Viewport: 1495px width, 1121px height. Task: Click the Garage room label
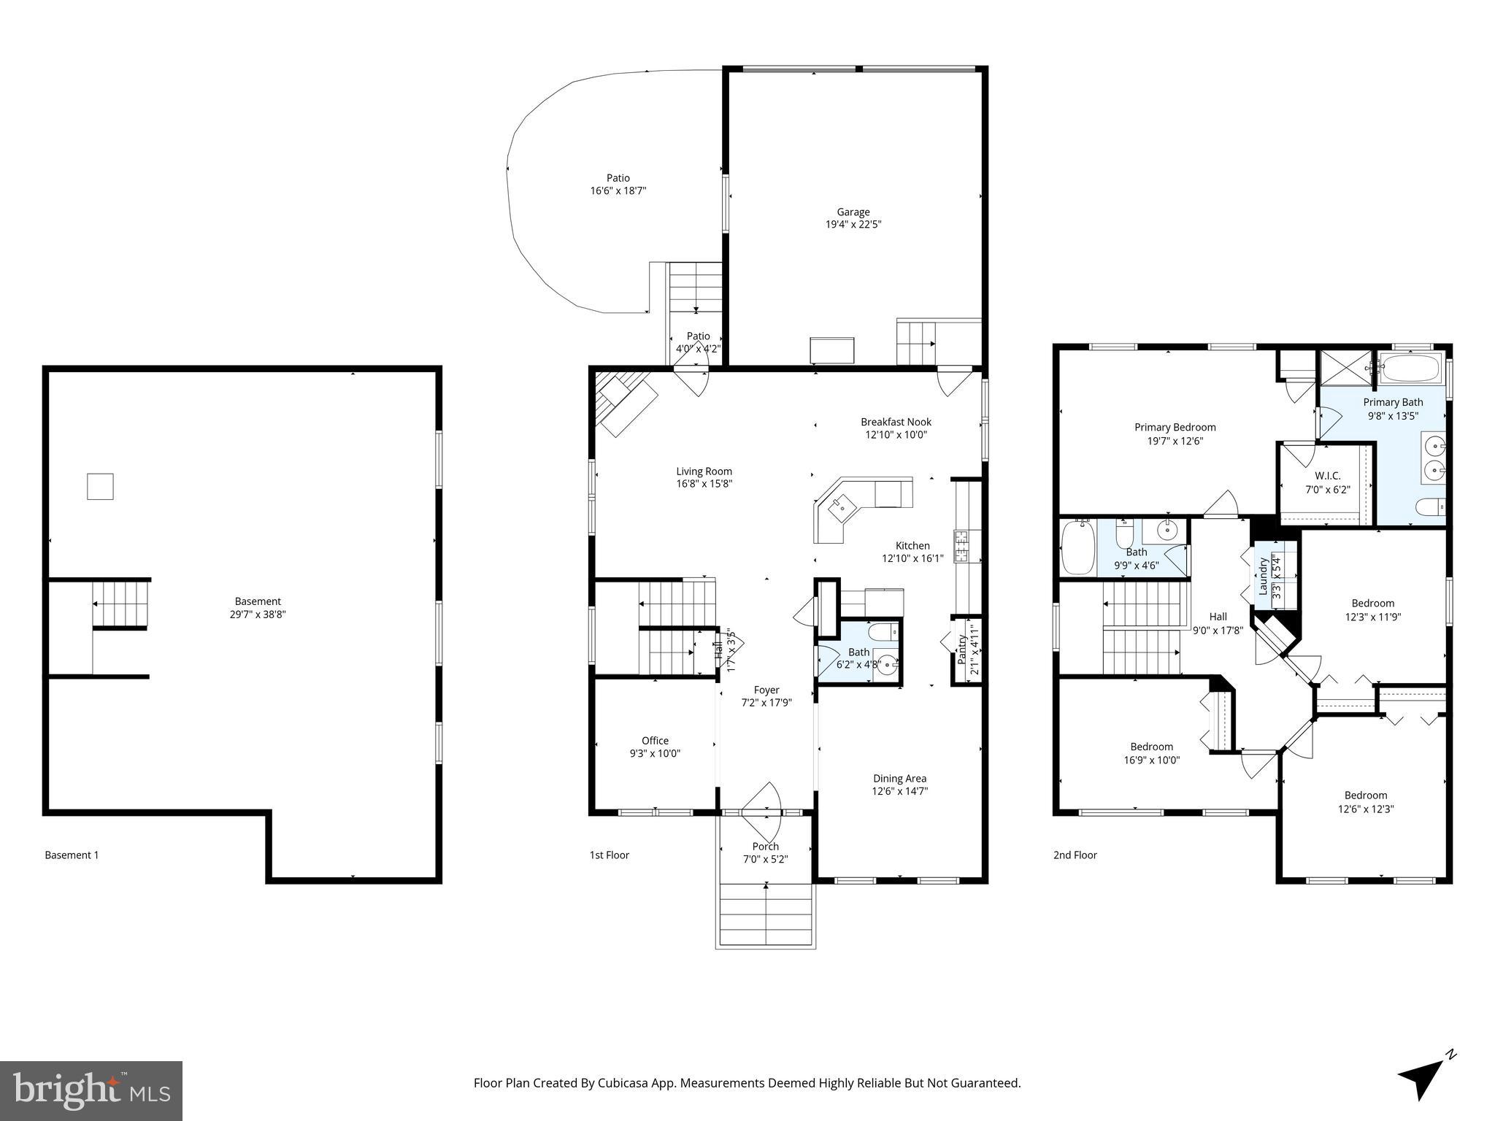click(853, 212)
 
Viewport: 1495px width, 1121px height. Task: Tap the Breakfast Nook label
click(896, 422)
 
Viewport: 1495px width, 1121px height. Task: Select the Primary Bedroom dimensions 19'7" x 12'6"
click(1174, 441)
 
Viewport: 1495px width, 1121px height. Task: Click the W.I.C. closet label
click(1327, 476)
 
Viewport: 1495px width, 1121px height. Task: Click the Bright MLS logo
click(91, 1090)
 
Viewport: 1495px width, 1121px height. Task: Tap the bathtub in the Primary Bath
click(1410, 369)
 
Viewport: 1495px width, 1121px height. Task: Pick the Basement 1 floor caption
click(72, 855)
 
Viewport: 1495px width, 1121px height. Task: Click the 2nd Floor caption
click(1075, 855)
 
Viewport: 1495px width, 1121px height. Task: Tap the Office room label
click(655, 741)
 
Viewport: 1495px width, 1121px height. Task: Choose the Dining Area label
click(899, 778)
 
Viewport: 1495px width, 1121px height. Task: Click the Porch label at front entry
click(765, 847)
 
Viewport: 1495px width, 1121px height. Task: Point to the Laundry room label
click(1263, 577)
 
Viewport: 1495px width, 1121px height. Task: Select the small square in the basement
click(100, 486)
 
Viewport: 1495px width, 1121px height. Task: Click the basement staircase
click(120, 604)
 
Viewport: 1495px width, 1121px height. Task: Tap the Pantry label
click(962, 650)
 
